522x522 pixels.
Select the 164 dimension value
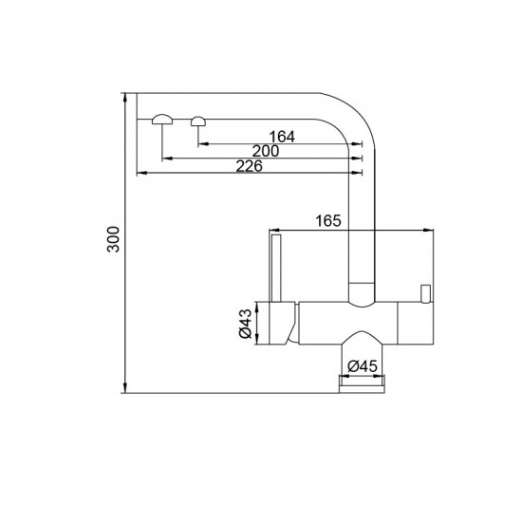(x=283, y=137)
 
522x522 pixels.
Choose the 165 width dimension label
(x=326, y=221)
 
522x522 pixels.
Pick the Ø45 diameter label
(x=364, y=365)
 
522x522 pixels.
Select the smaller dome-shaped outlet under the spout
(x=198, y=120)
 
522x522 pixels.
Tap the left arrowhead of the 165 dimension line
(x=275, y=230)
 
